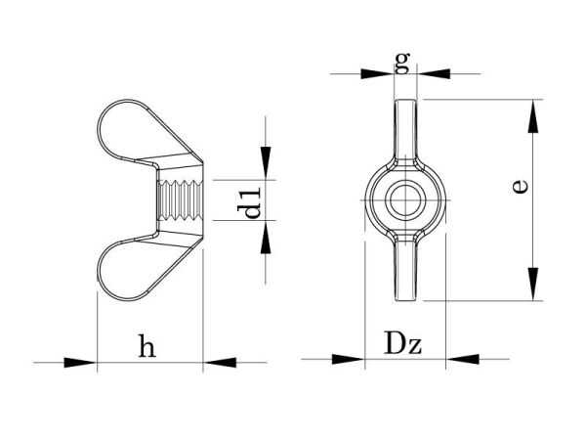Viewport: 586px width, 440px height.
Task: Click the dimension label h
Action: (x=146, y=346)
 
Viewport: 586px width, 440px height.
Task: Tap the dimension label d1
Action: (x=252, y=199)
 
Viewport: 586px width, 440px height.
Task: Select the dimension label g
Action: (x=401, y=63)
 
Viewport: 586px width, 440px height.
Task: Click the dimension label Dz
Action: (x=402, y=344)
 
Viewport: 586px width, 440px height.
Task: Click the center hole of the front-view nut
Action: (x=401, y=199)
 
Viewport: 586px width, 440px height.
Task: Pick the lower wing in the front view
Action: (x=405, y=269)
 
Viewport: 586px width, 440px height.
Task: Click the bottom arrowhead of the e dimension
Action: (x=532, y=284)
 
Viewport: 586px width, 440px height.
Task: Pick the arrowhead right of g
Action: (x=433, y=72)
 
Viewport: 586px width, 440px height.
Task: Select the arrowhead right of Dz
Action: (x=459, y=360)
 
